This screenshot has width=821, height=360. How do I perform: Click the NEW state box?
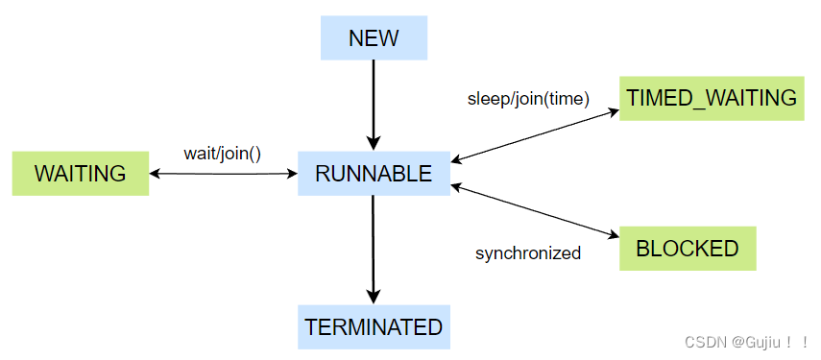374,38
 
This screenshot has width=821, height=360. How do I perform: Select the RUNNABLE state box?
374,174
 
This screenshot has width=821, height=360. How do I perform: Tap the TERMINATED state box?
374,326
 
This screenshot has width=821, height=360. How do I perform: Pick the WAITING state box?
80,174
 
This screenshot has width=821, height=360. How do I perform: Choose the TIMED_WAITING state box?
711,98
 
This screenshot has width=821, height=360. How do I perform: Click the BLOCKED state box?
688,249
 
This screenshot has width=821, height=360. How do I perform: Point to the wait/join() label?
222,152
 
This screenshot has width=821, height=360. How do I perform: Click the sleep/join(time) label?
528,99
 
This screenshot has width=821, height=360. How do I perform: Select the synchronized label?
528,253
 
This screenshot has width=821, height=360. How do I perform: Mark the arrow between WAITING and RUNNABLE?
223,174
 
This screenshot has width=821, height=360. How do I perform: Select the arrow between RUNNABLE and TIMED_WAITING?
535,135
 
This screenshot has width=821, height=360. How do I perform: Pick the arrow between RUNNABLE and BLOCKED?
535,211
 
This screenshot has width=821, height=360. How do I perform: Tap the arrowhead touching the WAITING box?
156,174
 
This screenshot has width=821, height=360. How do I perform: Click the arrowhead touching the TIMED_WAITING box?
612,111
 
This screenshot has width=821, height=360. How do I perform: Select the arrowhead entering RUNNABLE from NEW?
374,144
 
